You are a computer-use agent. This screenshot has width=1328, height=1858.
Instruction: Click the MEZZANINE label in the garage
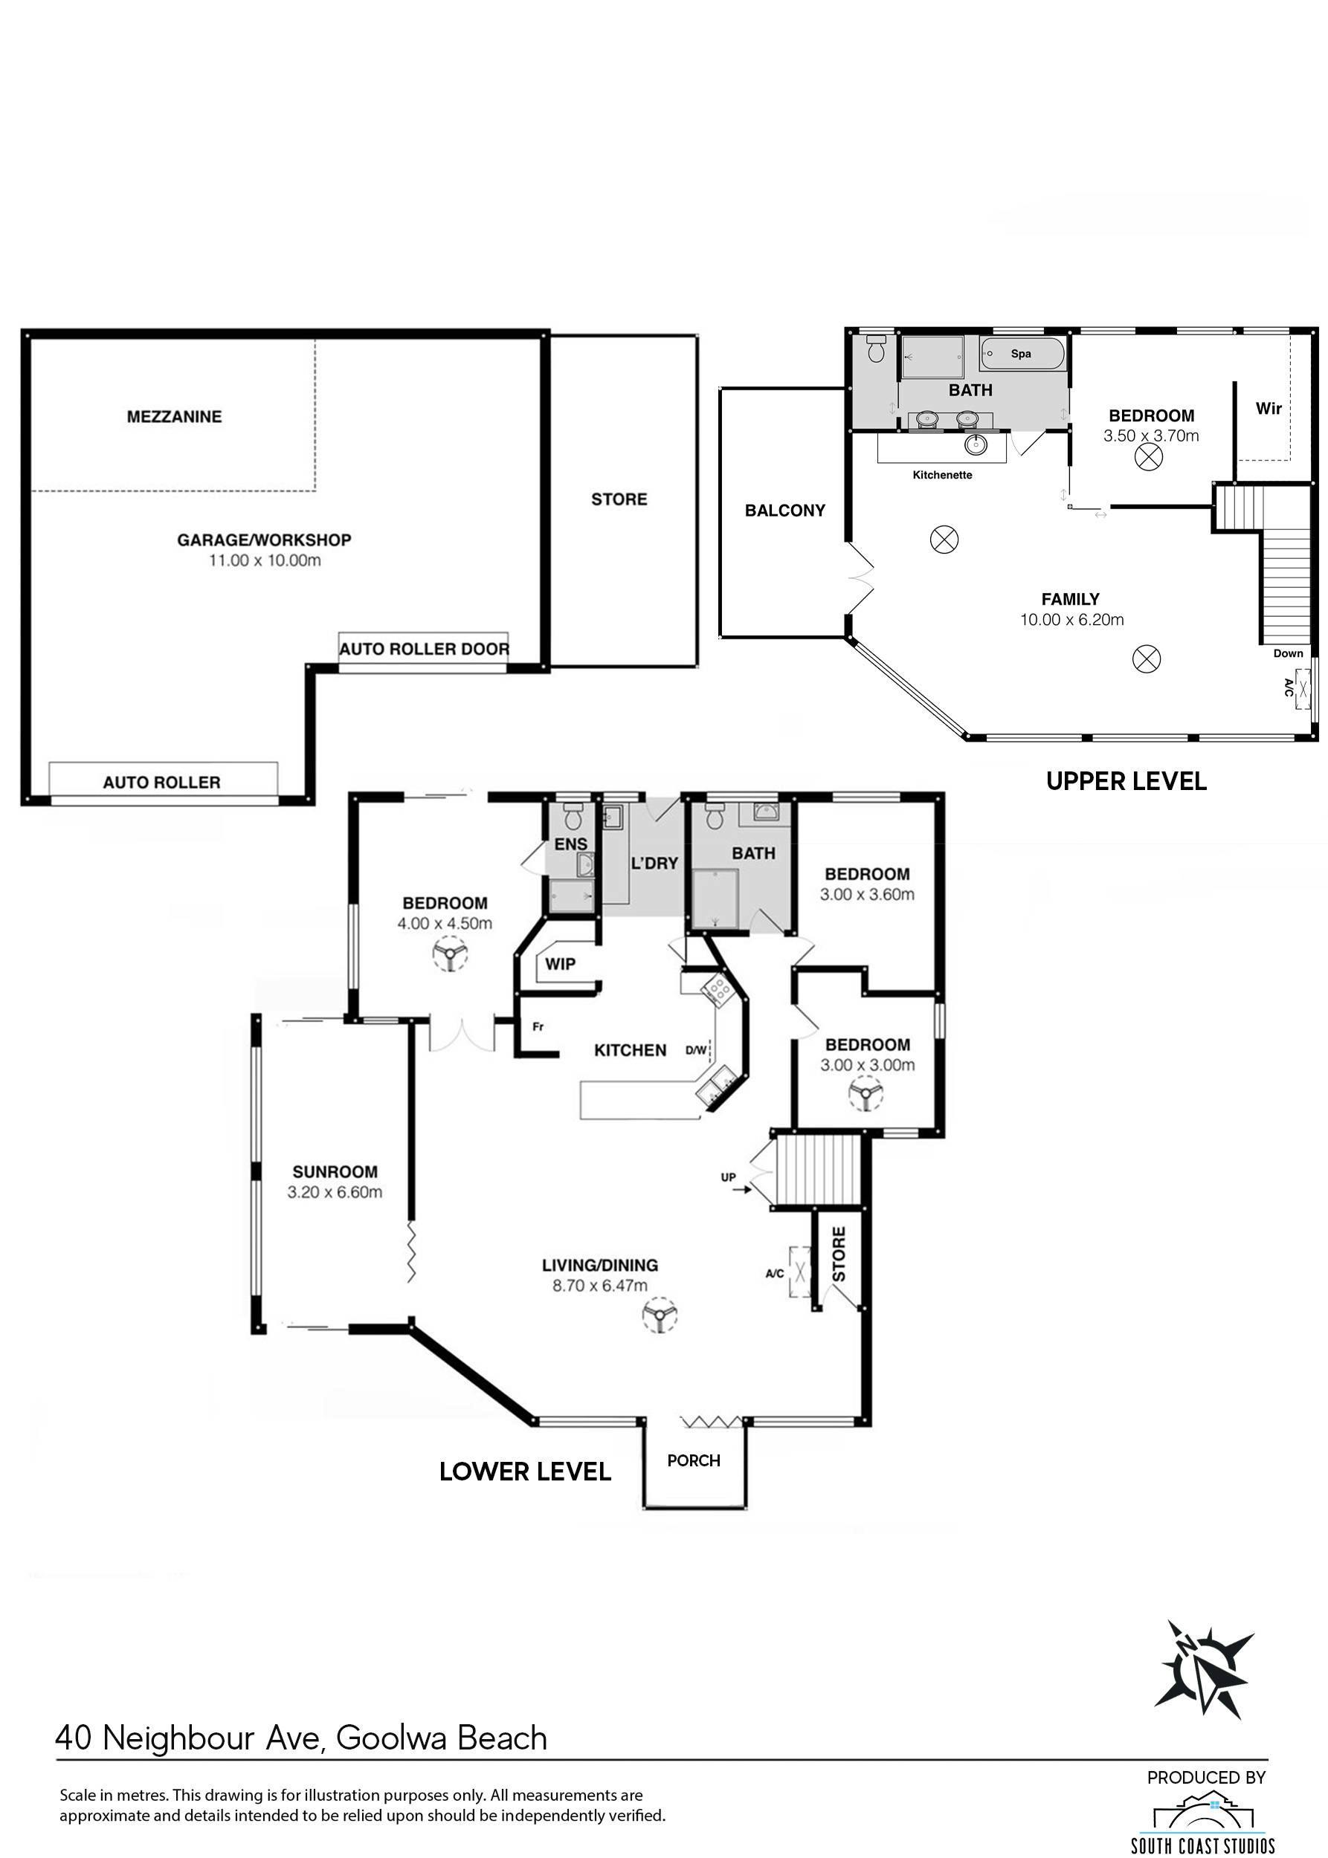[x=174, y=417]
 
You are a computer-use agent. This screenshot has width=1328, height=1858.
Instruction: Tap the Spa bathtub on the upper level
[x=1022, y=354]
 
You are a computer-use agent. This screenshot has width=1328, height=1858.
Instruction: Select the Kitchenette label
[x=942, y=475]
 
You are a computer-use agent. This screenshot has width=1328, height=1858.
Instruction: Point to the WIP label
[x=560, y=964]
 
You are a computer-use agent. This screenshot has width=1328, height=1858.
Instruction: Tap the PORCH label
[x=694, y=1460]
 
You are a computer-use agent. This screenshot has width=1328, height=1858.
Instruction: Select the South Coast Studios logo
[x=1202, y=1819]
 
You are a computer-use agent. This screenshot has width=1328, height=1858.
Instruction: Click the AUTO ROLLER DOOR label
[x=425, y=649]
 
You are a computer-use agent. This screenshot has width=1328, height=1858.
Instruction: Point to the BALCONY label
[x=785, y=511]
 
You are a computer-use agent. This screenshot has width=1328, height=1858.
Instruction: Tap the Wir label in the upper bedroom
[x=1269, y=408]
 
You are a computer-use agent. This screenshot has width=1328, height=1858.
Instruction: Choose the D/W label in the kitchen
[x=696, y=1050]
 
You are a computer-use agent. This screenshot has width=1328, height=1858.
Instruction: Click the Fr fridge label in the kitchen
[x=538, y=1026]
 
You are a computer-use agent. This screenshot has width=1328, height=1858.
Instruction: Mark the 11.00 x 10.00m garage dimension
[x=265, y=561]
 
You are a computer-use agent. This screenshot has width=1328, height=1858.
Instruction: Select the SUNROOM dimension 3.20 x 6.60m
[x=335, y=1192]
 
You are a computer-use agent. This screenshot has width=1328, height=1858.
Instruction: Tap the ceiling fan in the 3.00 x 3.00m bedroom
[x=866, y=1093]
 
